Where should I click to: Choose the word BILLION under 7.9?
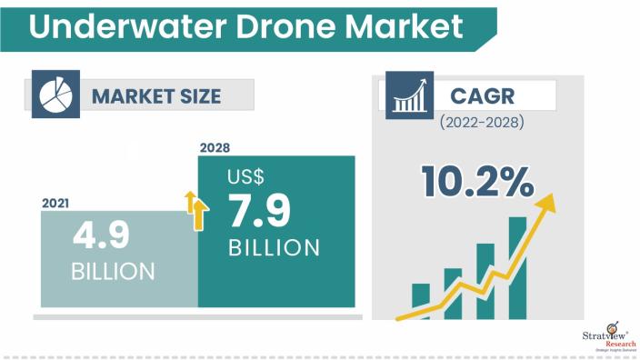tap(273, 247)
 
